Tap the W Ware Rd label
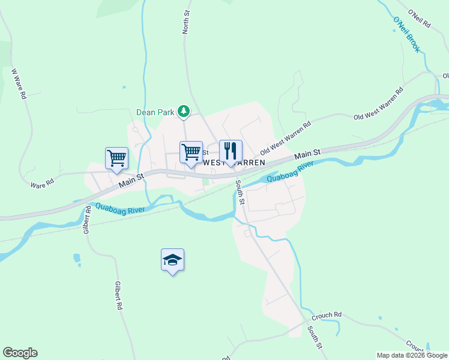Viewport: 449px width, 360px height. pos(19,83)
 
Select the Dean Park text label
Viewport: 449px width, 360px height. pos(155,112)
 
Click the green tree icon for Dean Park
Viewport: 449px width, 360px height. pos(185,111)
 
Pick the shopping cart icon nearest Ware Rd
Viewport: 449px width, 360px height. pos(116,158)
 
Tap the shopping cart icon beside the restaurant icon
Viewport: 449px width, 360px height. pos(191,152)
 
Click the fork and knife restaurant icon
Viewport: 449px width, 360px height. pos(231,151)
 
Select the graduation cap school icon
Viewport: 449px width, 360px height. pos(172,259)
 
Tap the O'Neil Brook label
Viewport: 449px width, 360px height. pos(407,35)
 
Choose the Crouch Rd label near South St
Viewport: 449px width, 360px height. pos(327,315)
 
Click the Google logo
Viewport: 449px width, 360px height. pos(20,353)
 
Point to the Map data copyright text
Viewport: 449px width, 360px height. pos(411,355)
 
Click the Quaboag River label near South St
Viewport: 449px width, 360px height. pos(291,171)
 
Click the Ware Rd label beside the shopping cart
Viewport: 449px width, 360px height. pos(43,182)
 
